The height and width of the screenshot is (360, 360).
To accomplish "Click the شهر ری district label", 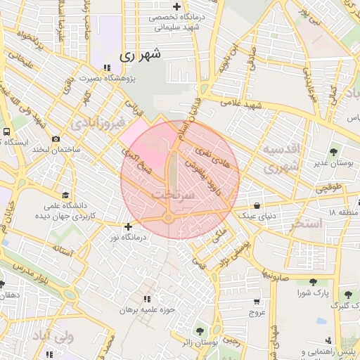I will click(x=140, y=53).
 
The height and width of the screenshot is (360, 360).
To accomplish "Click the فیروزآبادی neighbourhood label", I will click(x=98, y=124).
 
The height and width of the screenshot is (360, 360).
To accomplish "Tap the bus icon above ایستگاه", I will click(x=6, y=131).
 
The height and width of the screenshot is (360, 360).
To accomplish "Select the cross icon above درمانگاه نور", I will click(x=127, y=226).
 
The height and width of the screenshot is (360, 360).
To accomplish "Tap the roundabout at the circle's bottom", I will click(x=169, y=219).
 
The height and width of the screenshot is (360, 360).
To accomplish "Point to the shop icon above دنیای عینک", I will click(x=256, y=206).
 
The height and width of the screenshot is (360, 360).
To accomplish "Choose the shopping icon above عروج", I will click(x=256, y=302).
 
